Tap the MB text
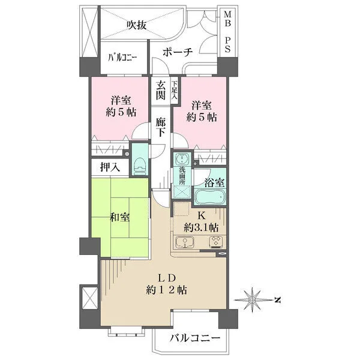tap(227, 14)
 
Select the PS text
tap(227, 44)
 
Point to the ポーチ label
tap(177, 52)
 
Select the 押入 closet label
tap(109, 167)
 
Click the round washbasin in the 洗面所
tap(181, 159)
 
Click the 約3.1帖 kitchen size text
tap(202, 227)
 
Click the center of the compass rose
tap(255, 298)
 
